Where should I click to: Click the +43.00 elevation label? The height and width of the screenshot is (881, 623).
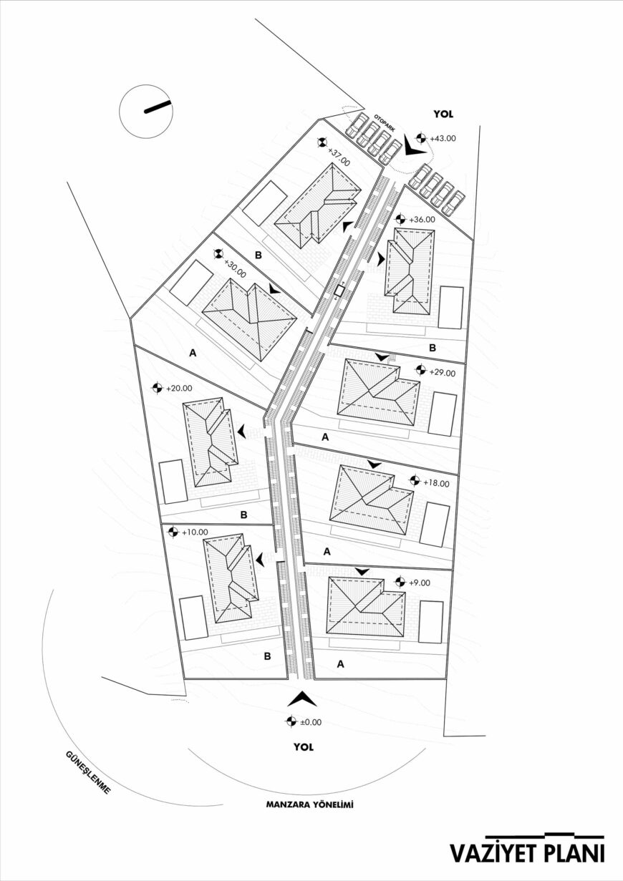tap(443, 138)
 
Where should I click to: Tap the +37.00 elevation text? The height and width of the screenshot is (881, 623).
tap(339, 157)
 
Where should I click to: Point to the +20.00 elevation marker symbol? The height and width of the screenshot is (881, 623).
tap(158, 388)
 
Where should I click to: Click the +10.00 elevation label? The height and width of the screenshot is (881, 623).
tap(195, 532)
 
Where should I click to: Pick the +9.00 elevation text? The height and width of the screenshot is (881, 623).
tap(420, 583)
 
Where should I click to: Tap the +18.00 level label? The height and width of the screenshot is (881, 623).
tap(436, 484)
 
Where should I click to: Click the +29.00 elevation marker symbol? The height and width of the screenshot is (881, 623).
tap(421, 370)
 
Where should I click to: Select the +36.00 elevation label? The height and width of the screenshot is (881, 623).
tap(422, 220)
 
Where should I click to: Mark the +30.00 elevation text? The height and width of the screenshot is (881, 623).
tap(235, 268)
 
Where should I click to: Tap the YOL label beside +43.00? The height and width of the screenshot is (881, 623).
tap(443, 115)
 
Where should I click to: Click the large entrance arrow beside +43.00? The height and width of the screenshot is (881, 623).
tap(414, 146)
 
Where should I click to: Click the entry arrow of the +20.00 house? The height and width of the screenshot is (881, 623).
tap(241, 432)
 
